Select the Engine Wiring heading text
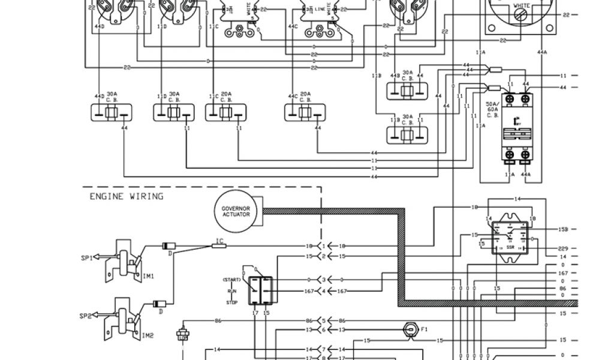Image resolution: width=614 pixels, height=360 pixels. point(126,196)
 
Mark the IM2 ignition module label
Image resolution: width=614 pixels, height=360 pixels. point(148,336)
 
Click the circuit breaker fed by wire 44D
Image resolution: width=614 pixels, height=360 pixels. point(111,112)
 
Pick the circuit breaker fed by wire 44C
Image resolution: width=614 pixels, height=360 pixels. point(305,112)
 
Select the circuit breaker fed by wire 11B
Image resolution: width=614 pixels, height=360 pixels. point(407,131)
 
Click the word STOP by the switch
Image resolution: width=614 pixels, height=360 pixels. point(231,303)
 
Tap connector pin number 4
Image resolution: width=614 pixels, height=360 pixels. point(324,292)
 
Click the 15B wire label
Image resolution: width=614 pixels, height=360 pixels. point(563,230)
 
